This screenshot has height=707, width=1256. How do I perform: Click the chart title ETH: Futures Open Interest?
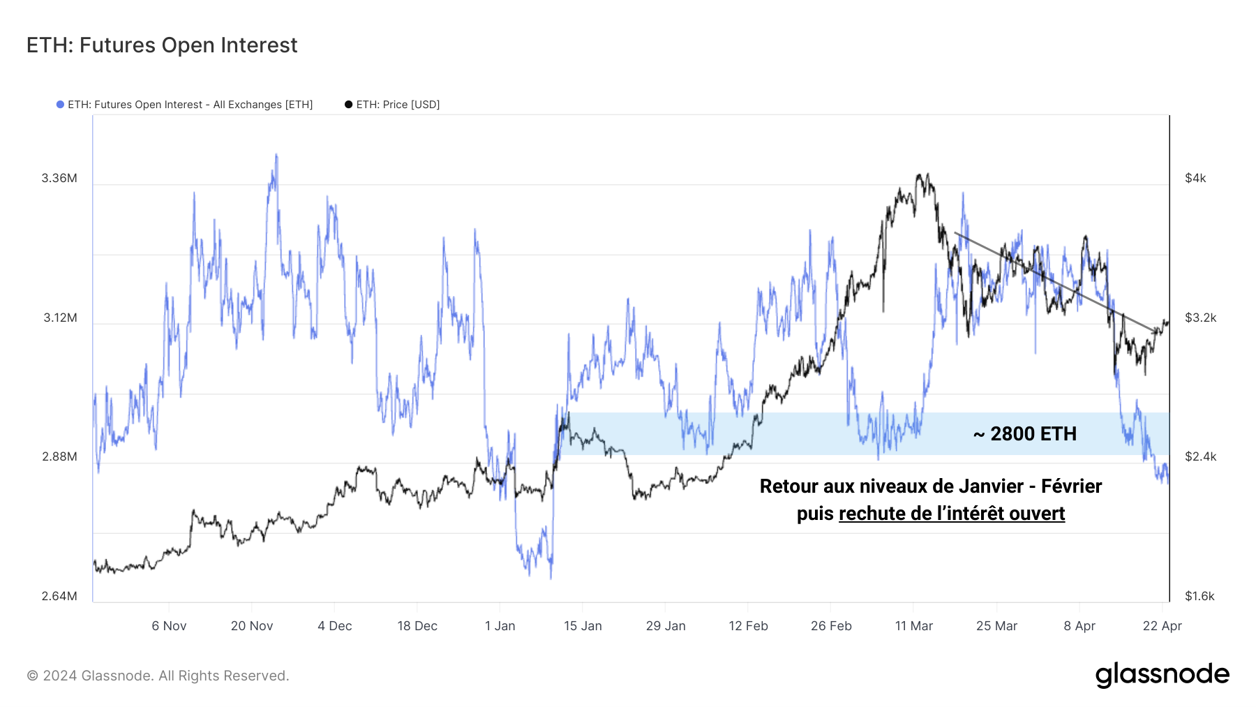pos(162,45)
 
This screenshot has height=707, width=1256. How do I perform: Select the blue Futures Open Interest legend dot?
pos(60,105)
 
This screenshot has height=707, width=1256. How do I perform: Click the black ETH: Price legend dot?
pos(348,105)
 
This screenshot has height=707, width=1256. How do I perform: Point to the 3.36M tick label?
pos(59,178)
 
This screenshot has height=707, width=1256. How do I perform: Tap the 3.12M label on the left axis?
pos(60,318)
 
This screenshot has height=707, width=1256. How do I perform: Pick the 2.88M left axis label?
pos(59,456)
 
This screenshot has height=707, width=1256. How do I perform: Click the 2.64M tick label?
pos(59,596)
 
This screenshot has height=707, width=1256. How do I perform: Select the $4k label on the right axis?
pos(1195,178)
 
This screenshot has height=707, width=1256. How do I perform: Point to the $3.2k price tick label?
pos(1200,318)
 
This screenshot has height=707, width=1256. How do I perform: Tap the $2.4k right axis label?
pos(1200,456)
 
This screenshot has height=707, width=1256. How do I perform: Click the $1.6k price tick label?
pos(1199,596)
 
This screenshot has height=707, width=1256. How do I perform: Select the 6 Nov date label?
pos(169,626)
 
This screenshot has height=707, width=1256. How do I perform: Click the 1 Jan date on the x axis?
pos(500,626)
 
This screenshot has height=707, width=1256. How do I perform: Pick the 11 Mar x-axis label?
pos(913,626)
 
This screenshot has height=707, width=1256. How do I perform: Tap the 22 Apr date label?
pos(1162,626)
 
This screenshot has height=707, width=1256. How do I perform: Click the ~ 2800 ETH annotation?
pos(1025,434)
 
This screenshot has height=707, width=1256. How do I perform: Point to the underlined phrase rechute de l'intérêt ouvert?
pos(951,514)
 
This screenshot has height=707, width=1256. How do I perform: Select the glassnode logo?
pos(1162,675)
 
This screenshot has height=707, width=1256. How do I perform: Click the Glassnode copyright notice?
pos(158,676)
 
